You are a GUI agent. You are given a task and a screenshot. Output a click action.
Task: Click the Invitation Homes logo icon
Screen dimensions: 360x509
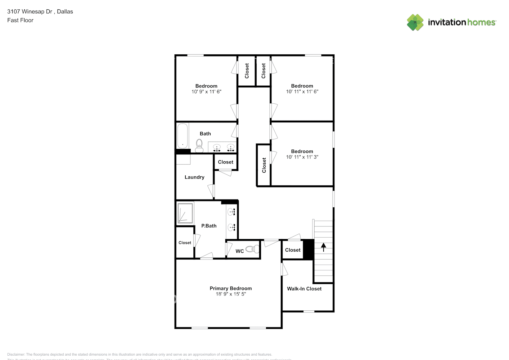[415, 22]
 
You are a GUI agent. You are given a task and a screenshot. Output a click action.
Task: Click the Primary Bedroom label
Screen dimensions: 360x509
[230, 288]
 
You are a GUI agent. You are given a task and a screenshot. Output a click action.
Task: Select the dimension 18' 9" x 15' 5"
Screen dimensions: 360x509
[230, 294]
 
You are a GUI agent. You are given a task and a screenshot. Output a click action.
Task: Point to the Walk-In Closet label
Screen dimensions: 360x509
[304, 289]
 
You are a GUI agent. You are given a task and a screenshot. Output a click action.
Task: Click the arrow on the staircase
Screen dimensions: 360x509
[323, 247]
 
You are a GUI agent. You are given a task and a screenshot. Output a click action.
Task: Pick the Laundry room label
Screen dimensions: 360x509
[194, 177]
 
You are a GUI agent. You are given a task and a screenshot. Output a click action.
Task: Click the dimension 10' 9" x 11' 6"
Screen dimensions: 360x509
[206, 92]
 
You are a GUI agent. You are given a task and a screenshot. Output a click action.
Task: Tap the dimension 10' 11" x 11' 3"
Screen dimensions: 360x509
[302, 157]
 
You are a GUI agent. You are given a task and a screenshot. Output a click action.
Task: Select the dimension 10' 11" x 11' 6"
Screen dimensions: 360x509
[302, 92]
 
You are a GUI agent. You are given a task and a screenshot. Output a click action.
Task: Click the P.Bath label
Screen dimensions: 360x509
[209, 226]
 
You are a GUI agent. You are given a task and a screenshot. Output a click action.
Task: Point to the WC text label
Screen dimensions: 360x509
[240, 251]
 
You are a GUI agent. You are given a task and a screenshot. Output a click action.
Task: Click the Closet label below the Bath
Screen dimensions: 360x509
[225, 162]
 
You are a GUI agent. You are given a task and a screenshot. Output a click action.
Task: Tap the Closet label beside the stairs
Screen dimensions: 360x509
[293, 250]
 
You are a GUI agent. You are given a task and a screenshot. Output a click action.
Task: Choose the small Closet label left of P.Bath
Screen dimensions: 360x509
[185, 243]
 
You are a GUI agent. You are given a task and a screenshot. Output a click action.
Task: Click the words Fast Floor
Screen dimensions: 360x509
[20, 20]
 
